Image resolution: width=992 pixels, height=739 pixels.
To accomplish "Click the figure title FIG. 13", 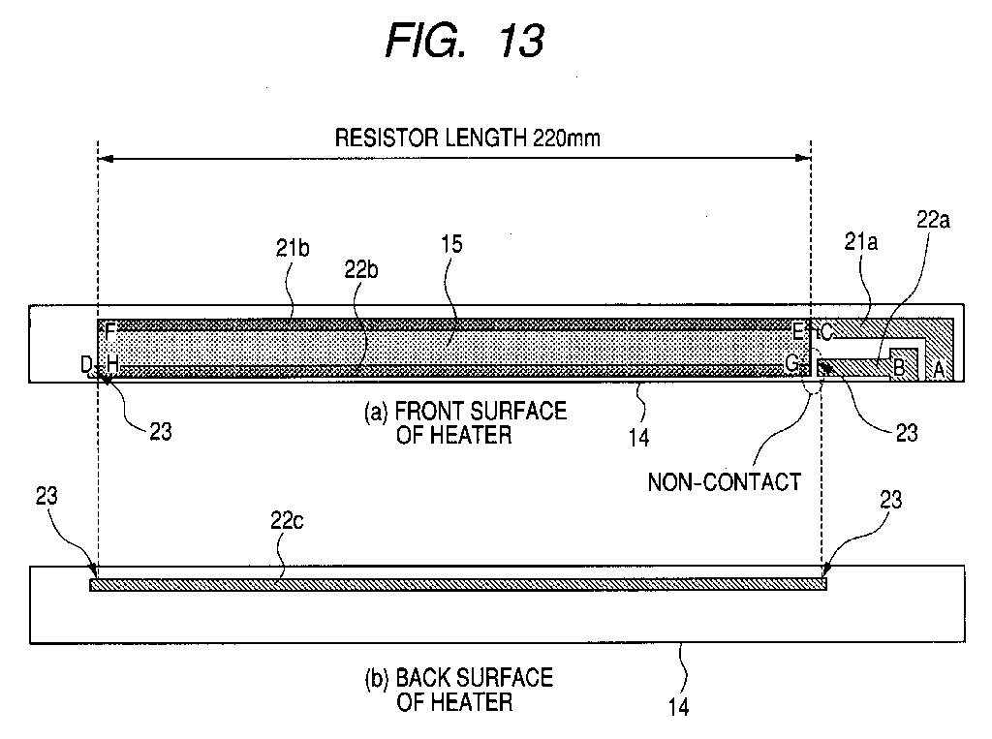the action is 465,41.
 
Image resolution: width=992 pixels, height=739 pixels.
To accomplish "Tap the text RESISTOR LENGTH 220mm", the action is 468,138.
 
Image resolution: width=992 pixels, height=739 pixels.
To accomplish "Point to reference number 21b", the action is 293,248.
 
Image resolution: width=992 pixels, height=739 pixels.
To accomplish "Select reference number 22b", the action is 361,270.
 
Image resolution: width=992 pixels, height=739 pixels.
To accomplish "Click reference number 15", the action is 451,244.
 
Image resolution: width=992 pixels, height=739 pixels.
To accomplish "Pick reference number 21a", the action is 861,241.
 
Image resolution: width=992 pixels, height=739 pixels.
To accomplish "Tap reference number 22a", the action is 933,220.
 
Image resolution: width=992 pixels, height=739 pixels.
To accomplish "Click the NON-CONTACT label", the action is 725,482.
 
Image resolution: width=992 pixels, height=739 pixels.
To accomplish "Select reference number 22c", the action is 287,521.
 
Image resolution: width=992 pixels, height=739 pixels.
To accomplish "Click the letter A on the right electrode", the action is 939,370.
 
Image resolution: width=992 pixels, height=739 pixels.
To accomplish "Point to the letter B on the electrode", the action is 898,366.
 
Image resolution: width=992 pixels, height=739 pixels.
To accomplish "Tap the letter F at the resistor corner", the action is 110,331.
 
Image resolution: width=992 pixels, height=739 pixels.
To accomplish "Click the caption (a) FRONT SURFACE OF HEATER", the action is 465,422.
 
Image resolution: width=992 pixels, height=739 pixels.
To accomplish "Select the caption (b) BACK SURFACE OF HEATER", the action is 459,690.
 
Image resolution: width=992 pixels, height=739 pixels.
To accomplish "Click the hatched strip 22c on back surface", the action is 458,585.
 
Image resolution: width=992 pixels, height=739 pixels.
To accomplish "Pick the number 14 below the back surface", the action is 679,707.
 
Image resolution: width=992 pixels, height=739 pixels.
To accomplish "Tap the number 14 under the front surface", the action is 639,437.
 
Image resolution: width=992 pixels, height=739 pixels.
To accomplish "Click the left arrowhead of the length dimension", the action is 106,158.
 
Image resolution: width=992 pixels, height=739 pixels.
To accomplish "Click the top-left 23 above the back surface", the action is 46,496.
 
